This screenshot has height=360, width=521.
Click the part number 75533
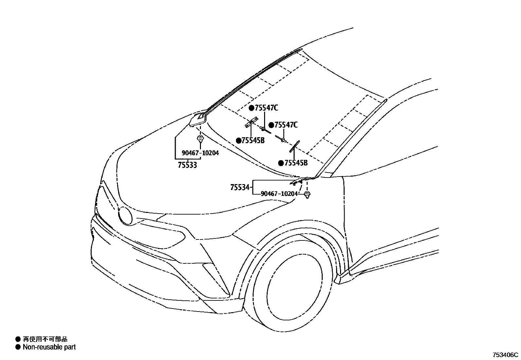click(x=188, y=165)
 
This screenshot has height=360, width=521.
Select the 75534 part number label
click(x=240, y=188)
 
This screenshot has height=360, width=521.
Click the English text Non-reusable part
click(x=49, y=347)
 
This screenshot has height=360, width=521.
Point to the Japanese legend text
click(x=45, y=339)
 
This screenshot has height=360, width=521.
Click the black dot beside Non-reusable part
click(x=18, y=347)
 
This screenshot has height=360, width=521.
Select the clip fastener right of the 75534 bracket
click(x=307, y=196)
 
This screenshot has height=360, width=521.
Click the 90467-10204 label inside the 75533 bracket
click(x=200, y=153)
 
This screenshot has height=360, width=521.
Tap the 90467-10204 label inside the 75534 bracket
click(x=279, y=194)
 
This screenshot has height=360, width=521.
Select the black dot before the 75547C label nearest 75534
click(x=271, y=125)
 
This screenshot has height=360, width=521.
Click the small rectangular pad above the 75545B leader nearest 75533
click(x=251, y=123)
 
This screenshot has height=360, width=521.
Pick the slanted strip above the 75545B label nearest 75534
click(x=294, y=146)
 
